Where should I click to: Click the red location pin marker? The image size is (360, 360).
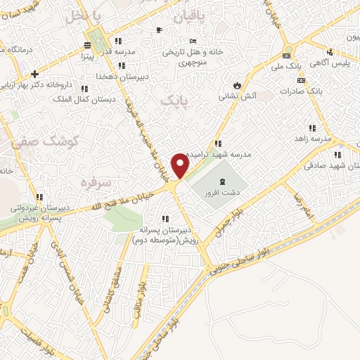tap(181, 166)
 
